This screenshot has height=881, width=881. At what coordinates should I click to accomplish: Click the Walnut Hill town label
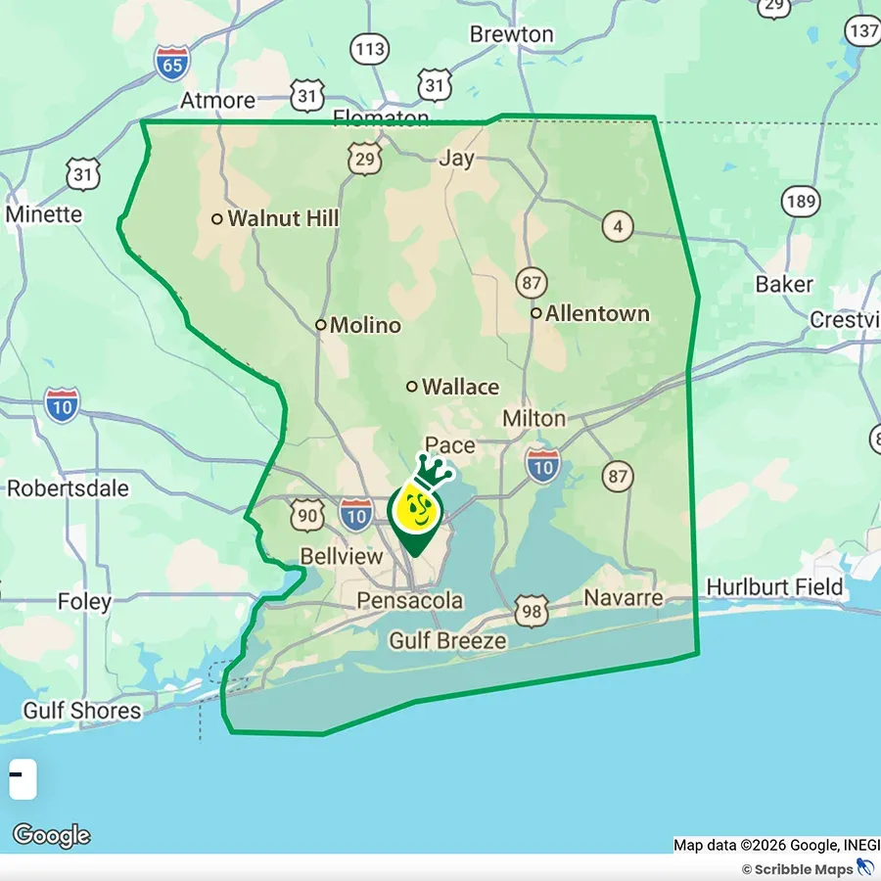pos(283,218)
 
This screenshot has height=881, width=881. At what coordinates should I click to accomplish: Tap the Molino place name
pos(365,325)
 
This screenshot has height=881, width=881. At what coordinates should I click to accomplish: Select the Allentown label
pos(597,313)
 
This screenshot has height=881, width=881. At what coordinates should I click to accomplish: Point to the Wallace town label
pos(460,387)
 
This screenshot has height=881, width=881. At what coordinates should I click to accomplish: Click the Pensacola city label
pos(410,600)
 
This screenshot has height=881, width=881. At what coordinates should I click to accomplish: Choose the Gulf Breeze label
pos(447,641)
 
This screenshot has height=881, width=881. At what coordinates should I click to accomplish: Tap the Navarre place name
pos(624,597)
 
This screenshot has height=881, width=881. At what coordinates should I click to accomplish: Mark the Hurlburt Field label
pos(774,587)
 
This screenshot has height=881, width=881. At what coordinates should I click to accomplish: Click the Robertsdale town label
pos(69,487)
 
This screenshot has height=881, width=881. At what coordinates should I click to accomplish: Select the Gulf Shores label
pos(82,711)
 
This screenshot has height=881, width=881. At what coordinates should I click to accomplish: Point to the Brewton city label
pos(511,34)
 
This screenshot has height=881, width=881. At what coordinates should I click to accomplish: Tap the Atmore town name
pos(218,100)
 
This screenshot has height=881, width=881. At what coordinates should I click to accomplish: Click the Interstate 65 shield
pos(172,63)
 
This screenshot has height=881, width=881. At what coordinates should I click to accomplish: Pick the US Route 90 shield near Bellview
pos(307,515)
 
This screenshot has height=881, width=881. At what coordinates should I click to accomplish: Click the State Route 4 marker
pos(617,226)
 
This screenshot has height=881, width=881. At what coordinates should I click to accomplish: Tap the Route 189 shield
pos(801,202)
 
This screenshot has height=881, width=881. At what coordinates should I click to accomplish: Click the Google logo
pos(51,836)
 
